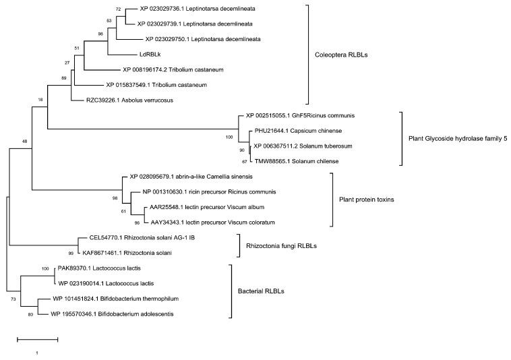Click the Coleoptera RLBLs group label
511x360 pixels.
point(344,55)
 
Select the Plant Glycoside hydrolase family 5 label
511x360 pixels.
point(458,138)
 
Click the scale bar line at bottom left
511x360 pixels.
point(37,338)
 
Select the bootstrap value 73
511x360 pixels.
point(13,299)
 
